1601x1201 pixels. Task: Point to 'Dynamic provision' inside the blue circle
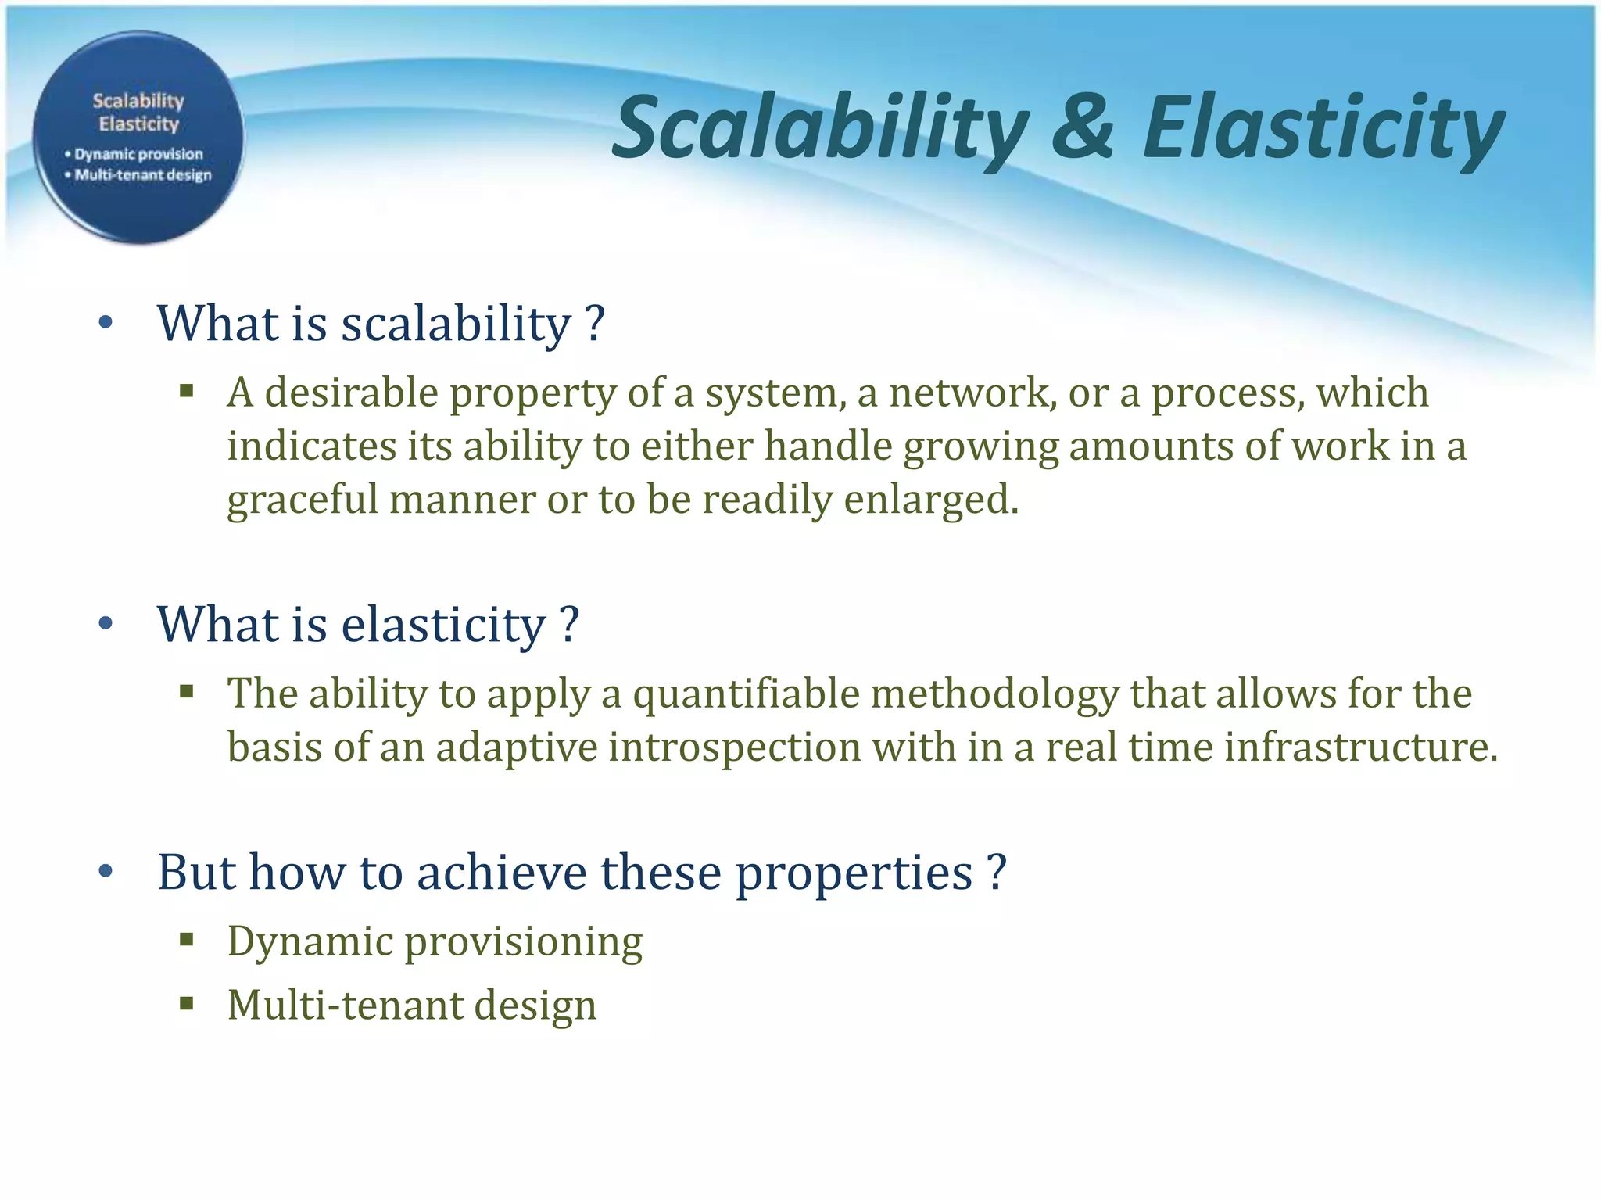coord(138,154)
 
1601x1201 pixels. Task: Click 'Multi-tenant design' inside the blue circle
coord(143,175)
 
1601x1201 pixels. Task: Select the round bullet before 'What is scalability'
coord(106,323)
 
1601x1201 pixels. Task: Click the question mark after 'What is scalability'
coord(594,323)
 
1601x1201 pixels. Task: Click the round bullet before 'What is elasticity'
coord(106,624)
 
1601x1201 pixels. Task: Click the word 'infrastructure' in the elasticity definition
coord(1360,747)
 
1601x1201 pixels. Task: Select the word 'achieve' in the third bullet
coord(501,872)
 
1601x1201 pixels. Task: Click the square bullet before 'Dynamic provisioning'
coord(186,939)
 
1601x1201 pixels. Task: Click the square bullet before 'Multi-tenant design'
coord(186,1003)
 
